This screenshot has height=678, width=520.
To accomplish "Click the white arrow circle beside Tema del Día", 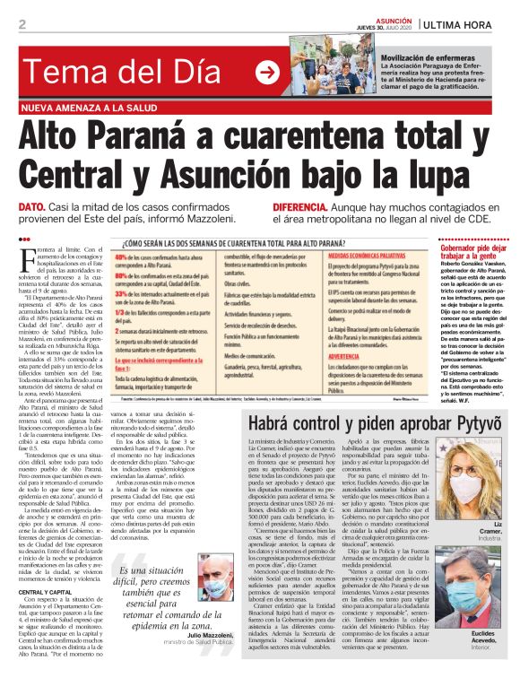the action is (267, 70).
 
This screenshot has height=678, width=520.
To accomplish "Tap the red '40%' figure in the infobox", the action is (124, 256).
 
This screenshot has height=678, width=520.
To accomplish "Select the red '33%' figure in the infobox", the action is (124, 296).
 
